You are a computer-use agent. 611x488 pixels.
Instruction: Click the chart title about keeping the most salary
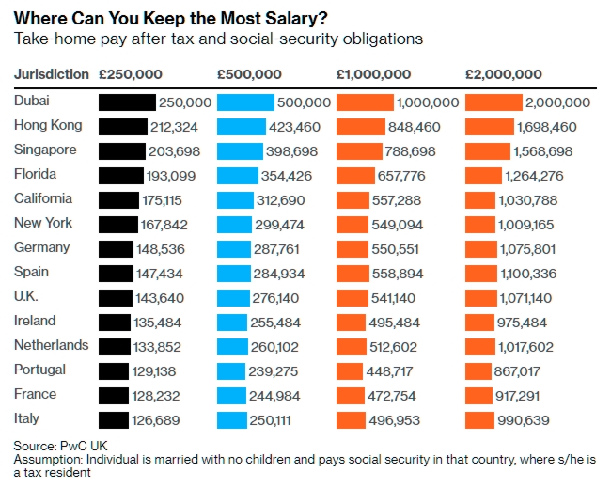point(168,17)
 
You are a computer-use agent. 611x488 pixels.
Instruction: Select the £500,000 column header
point(249,74)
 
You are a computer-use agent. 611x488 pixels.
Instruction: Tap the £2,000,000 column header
point(503,74)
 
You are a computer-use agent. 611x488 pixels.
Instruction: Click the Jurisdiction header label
point(53,74)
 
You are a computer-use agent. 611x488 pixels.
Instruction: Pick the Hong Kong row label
point(49,125)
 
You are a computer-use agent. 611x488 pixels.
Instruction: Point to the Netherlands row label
point(53,345)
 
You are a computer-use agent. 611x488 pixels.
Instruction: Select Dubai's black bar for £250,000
point(127,102)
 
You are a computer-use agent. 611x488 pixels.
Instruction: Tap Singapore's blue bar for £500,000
point(240,150)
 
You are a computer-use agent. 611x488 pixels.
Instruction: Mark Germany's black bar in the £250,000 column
point(116,248)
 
